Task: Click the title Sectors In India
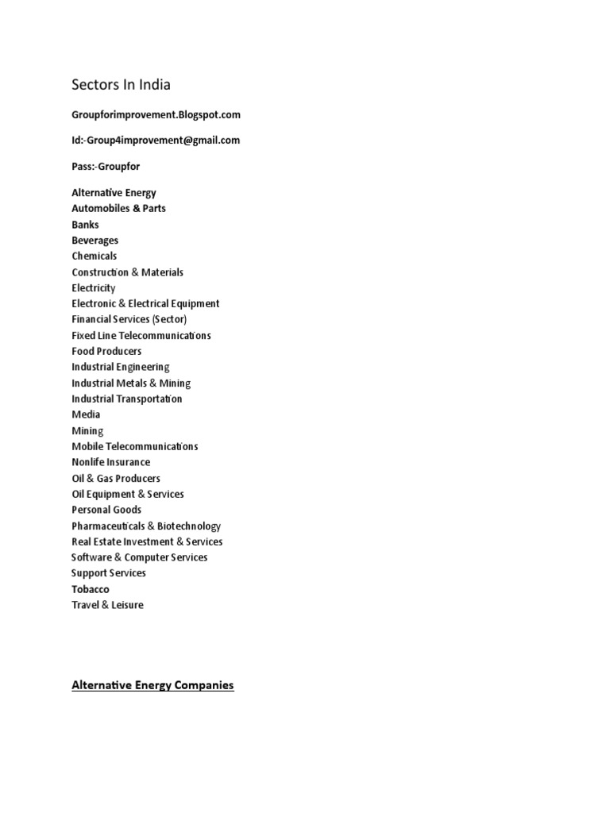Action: [x=121, y=84]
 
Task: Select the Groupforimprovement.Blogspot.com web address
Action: [x=156, y=114]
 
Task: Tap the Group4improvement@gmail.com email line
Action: [x=156, y=141]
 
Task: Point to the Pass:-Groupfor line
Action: [x=106, y=168]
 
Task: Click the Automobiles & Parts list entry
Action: [x=118, y=208]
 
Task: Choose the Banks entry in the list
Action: [x=85, y=225]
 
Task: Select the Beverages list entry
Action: [x=95, y=240]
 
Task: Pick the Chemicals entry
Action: [x=94, y=256]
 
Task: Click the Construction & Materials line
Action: [x=127, y=272]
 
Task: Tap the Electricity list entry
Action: [x=93, y=287]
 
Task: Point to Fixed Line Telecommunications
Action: [x=141, y=335]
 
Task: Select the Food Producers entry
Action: [x=106, y=351]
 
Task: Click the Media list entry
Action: [x=86, y=414]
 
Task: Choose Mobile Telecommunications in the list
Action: [x=135, y=446]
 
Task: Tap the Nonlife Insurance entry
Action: [x=110, y=462]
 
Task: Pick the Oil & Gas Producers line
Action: [x=116, y=478]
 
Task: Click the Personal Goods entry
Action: [x=106, y=510]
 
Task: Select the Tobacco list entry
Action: [x=91, y=589]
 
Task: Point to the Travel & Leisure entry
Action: [x=107, y=605]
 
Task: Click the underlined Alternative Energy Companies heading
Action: [x=152, y=684]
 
